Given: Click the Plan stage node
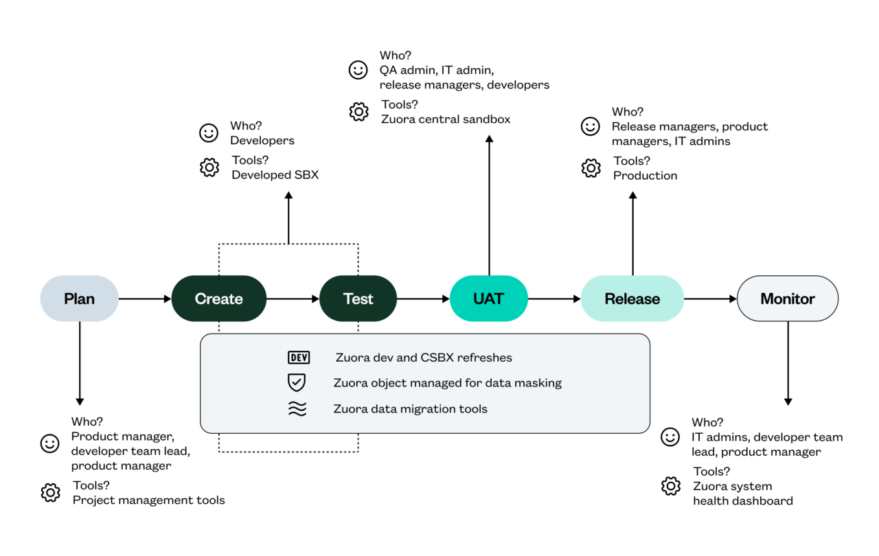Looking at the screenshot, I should tap(79, 299).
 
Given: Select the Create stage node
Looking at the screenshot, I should tap(218, 299).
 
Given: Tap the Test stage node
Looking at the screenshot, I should tap(358, 299).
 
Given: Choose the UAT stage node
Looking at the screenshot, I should tap(488, 299).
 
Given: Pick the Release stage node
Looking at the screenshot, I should tap(632, 299).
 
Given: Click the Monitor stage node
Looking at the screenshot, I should tap(787, 299).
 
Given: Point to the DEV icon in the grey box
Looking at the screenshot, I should tap(298, 358).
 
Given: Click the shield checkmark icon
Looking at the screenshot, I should tap(297, 383).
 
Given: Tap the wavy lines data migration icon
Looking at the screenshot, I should tap(297, 409).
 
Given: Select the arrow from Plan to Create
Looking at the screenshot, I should tap(144, 299).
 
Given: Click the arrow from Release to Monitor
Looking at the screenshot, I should tap(710, 299).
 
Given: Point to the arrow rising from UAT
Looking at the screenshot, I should tap(489, 206).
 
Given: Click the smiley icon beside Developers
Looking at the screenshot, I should tap(209, 133).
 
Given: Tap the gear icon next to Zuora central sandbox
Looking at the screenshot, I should tap(358, 112).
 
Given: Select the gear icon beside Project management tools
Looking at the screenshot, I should tap(50, 493).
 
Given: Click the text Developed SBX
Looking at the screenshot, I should tap(275, 175).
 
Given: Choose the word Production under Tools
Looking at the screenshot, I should tap(645, 176).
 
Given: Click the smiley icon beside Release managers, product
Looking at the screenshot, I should tap(590, 126).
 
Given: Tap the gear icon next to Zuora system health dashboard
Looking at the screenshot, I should tap(670, 486).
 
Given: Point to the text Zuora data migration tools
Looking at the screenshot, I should tap(410, 409).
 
